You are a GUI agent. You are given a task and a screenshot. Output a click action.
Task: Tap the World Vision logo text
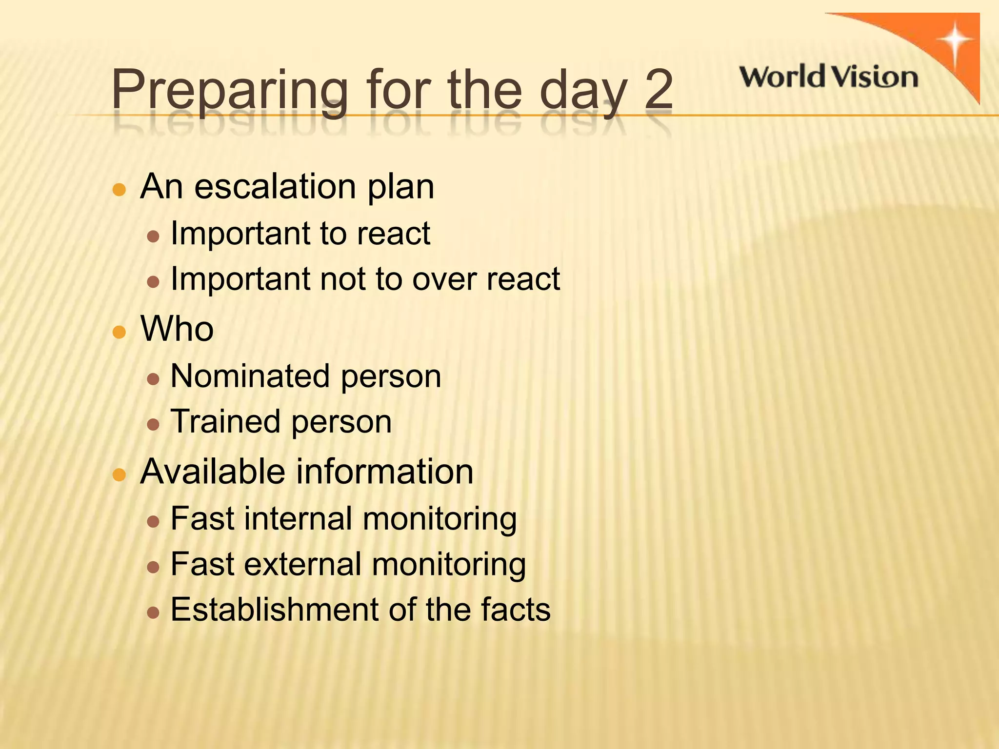pyautogui.click(x=828, y=77)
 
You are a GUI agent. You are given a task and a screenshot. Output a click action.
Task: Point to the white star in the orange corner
pyautogui.click(x=955, y=41)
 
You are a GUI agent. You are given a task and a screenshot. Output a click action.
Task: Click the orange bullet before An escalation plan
pyautogui.click(x=120, y=189)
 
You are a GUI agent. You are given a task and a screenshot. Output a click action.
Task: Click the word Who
pyautogui.click(x=177, y=329)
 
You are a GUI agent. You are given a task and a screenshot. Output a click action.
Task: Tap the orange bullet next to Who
pyautogui.click(x=120, y=333)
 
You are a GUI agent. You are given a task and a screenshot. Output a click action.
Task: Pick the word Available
pyautogui.click(x=212, y=472)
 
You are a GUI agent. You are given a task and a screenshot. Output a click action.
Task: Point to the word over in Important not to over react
pyautogui.click(x=444, y=279)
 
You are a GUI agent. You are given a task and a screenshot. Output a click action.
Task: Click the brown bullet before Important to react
pyautogui.click(x=153, y=237)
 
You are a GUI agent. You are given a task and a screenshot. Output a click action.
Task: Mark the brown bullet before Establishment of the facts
pyautogui.click(x=153, y=612)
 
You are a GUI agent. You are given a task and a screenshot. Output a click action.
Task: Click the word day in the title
pyautogui.click(x=583, y=92)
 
